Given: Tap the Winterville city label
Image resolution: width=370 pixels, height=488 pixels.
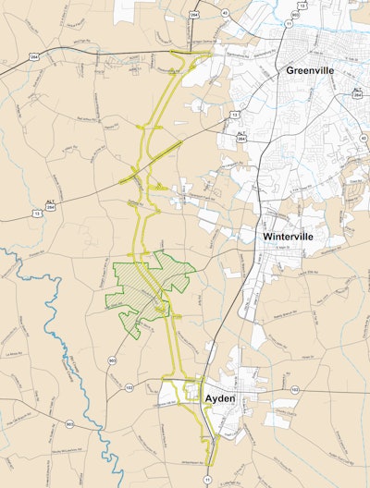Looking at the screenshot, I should pos(285,237).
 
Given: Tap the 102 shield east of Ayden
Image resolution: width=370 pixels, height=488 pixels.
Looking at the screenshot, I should pos(294,390).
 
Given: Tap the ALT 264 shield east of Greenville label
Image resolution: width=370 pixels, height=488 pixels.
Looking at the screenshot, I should pos(357,92).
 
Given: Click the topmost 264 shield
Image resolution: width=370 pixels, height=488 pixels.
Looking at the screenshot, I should pos(195,14).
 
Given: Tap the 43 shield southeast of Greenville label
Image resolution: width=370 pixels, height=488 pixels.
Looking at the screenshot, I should pos(364,138).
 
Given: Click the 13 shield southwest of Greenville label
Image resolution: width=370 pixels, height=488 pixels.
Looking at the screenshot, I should pos(235,114).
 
